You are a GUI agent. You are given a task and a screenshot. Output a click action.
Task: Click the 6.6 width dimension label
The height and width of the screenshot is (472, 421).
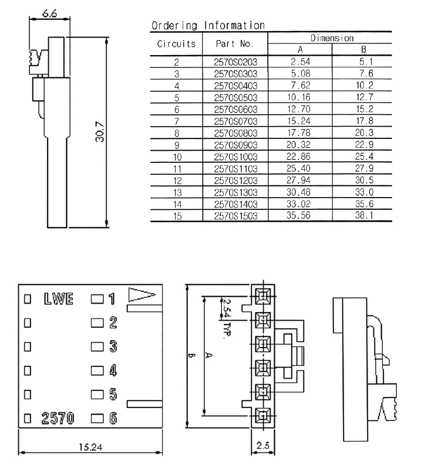(50, 13)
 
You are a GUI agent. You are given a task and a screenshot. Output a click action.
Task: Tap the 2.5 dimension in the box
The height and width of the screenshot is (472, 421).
(262, 446)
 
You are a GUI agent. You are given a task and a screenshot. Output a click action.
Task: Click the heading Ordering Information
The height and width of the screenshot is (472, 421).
(208, 26)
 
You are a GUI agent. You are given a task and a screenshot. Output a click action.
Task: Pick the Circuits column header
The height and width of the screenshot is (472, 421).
(176, 43)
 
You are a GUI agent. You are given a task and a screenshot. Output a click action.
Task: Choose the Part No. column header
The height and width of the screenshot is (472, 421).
(234, 43)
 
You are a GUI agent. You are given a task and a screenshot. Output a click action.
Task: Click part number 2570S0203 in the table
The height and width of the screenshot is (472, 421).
(234, 61)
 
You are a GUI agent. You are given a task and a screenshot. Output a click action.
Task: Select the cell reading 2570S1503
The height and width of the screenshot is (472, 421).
(234, 216)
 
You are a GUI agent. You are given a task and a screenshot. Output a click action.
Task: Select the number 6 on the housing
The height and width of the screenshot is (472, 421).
(113, 419)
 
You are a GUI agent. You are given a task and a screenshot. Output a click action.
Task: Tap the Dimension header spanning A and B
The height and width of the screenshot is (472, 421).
(332, 38)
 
